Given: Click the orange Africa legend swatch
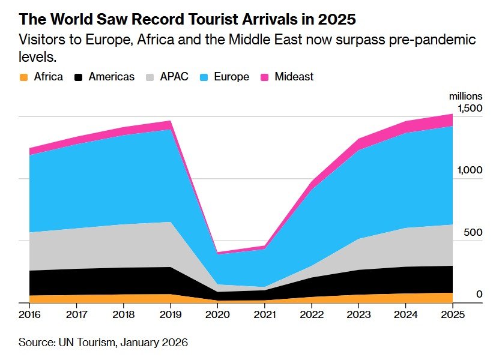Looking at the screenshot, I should (24, 77).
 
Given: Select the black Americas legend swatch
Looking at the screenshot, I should (78, 77).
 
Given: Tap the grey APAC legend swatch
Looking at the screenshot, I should (150, 77).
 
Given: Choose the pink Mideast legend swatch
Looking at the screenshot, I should (264, 77).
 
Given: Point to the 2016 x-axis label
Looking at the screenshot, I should (29, 314).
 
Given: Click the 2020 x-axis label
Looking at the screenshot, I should (218, 314).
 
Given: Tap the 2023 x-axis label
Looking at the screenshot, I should (358, 314).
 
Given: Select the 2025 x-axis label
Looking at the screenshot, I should (453, 314).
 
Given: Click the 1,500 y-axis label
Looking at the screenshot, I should (470, 108).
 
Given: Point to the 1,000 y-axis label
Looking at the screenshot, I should (470, 170).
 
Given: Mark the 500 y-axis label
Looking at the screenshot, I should (473, 232).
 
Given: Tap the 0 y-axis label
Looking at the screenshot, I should (479, 293).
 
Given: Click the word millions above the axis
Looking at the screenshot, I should (466, 95).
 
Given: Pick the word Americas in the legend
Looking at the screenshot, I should (112, 77).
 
